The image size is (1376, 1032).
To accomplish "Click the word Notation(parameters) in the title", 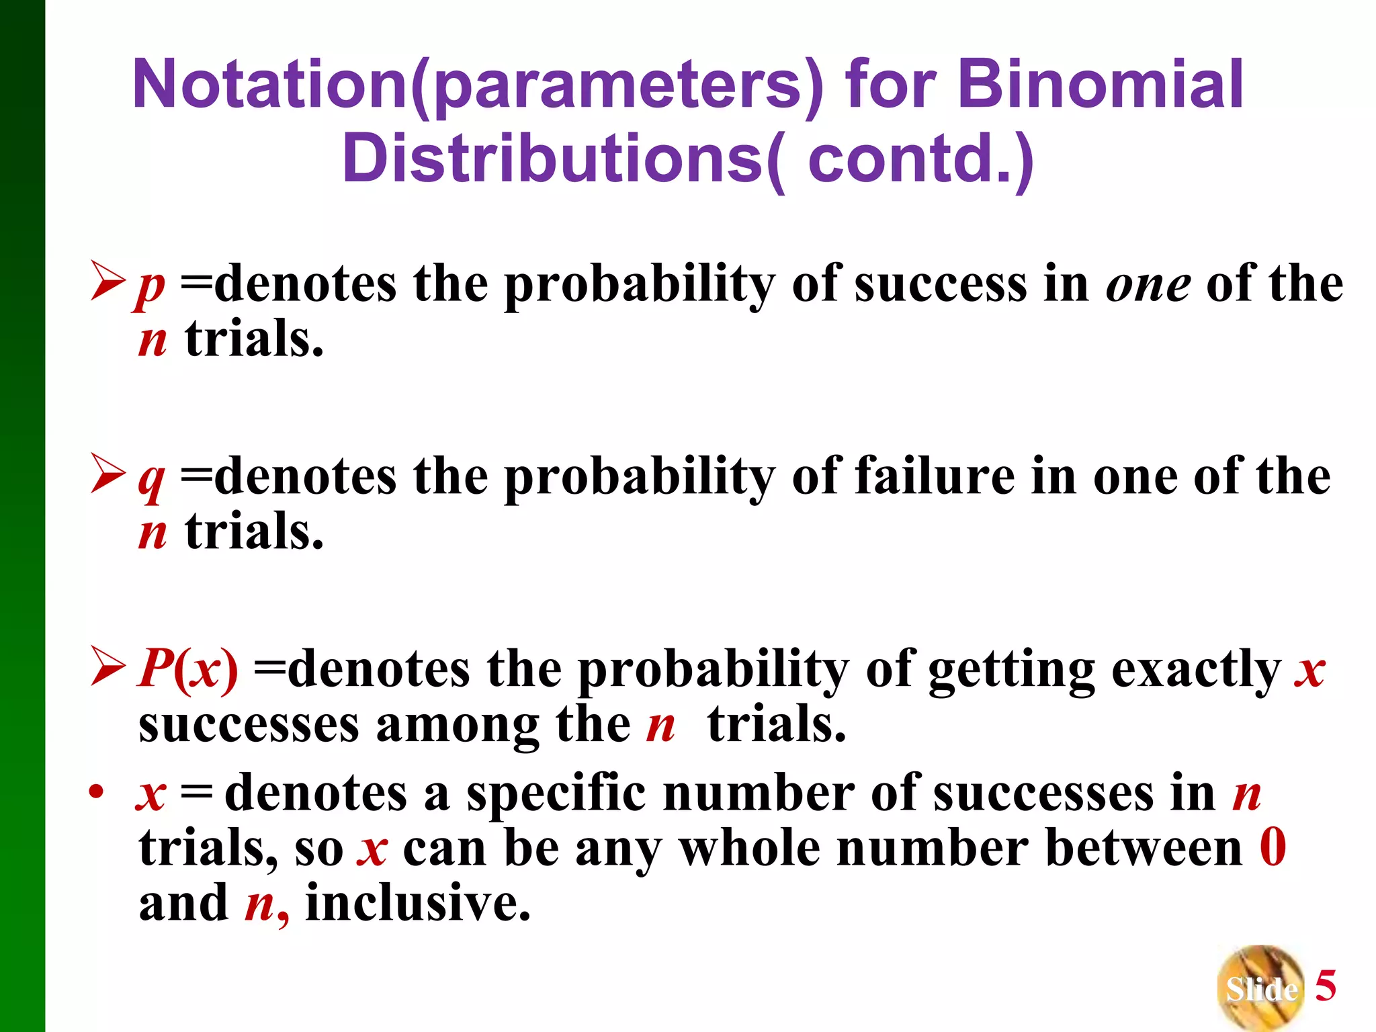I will tap(477, 85).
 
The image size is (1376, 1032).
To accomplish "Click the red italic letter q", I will tap(150, 479).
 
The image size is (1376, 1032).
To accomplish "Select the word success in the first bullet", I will tap(940, 284).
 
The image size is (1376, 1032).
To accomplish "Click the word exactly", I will tap(1196, 671).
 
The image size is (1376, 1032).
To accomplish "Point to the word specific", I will tap(556, 793).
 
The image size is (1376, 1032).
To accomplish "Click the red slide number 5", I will tap(1325, 986).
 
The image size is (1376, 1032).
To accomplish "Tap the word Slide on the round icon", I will tap(1261, 989).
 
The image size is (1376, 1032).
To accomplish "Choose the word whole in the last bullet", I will tap(750, 848).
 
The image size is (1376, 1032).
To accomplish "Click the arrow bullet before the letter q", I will tap(107, 474).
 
